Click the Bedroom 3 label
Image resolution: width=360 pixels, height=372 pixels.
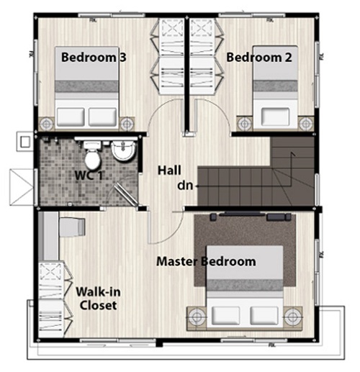(94, 58)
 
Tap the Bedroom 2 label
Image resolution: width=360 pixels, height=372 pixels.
(259, 58)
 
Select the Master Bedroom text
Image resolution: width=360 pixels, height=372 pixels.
(206, 261)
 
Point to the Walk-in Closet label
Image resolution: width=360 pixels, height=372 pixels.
(98, 299)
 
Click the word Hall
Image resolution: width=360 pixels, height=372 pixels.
(169, 171)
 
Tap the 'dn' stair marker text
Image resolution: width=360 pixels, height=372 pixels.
(185, 186)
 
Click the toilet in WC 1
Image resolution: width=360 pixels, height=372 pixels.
(92, 155)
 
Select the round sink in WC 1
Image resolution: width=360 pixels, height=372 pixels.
(123, 150)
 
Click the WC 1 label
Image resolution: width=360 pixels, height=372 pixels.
(89, 176)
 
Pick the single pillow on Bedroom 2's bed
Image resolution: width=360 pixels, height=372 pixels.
(275, 117)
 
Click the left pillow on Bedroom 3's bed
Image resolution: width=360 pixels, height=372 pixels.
(71, 117)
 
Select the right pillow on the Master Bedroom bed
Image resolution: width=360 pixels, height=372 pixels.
(264, 315)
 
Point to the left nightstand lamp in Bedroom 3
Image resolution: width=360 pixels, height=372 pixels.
(47, 124)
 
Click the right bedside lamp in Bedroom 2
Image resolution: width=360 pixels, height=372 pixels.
(306, 124)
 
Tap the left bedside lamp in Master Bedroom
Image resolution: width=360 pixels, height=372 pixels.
(197, 317)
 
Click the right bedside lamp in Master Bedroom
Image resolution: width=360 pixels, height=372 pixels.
(292, 317)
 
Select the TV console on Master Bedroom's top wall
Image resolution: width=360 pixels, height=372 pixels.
(251, 217)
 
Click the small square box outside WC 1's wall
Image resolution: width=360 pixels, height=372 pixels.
(25, 142)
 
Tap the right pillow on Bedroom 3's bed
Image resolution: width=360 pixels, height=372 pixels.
(103, 117)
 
